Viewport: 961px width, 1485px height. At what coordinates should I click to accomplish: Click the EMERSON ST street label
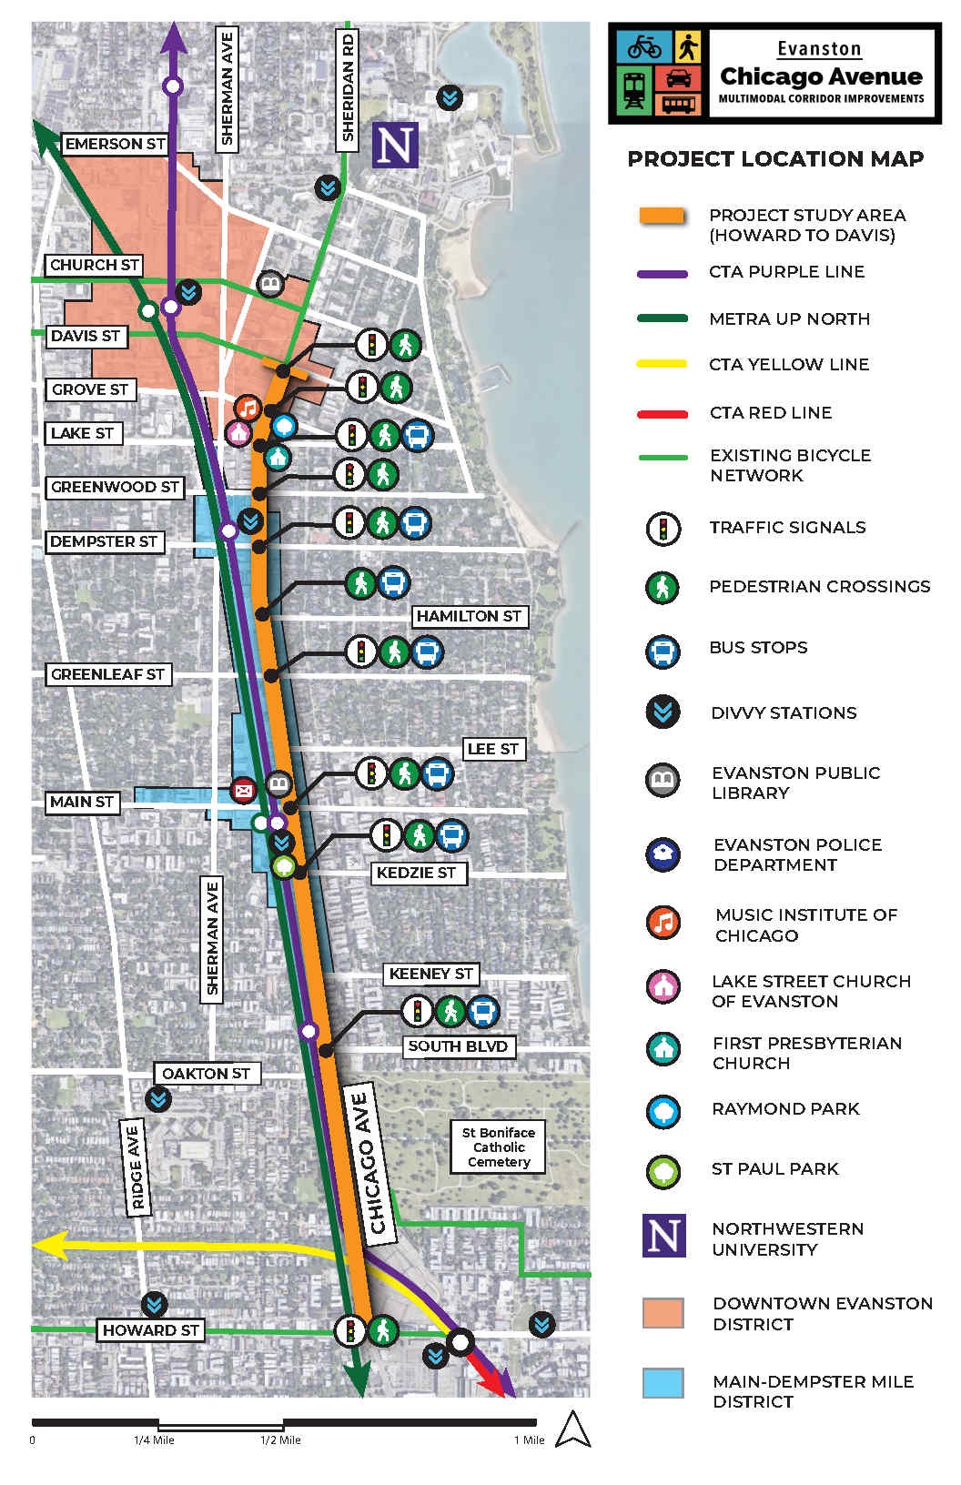pos(115,144)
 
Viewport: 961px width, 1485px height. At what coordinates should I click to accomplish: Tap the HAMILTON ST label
pos(469,616)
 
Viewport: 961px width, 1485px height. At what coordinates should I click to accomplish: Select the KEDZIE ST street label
pos(416,873)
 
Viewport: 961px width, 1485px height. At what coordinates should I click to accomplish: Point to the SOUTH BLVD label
pos(457,1046)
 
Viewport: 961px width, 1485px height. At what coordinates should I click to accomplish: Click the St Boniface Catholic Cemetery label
pos(499,1147)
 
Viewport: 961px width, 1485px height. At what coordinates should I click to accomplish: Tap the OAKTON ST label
pos(206,1074)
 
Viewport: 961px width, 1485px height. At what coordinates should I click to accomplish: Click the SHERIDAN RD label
pos(347,87)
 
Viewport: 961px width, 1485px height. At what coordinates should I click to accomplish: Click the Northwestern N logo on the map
pos(395,145)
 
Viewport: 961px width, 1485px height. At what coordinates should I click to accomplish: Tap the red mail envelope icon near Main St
pos(243,790)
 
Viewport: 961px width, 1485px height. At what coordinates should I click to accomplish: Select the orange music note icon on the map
pos(248,407)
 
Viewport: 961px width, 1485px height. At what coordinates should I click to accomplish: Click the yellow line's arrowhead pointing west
pos(50,1244)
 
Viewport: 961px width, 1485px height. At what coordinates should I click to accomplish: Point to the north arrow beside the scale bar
pos(572,1429)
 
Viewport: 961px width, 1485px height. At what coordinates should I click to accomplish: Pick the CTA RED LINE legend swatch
pos(662,414)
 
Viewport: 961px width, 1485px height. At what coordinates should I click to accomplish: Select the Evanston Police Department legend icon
pos(663,854)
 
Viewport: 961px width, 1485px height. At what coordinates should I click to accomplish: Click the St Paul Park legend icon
pos(663,1170)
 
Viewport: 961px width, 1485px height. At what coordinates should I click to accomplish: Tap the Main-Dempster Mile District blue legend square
pos(663,1384)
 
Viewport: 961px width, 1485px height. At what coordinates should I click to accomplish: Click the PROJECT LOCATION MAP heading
pos(775,159)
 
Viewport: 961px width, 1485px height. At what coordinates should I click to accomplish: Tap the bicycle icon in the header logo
pos(644,45)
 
